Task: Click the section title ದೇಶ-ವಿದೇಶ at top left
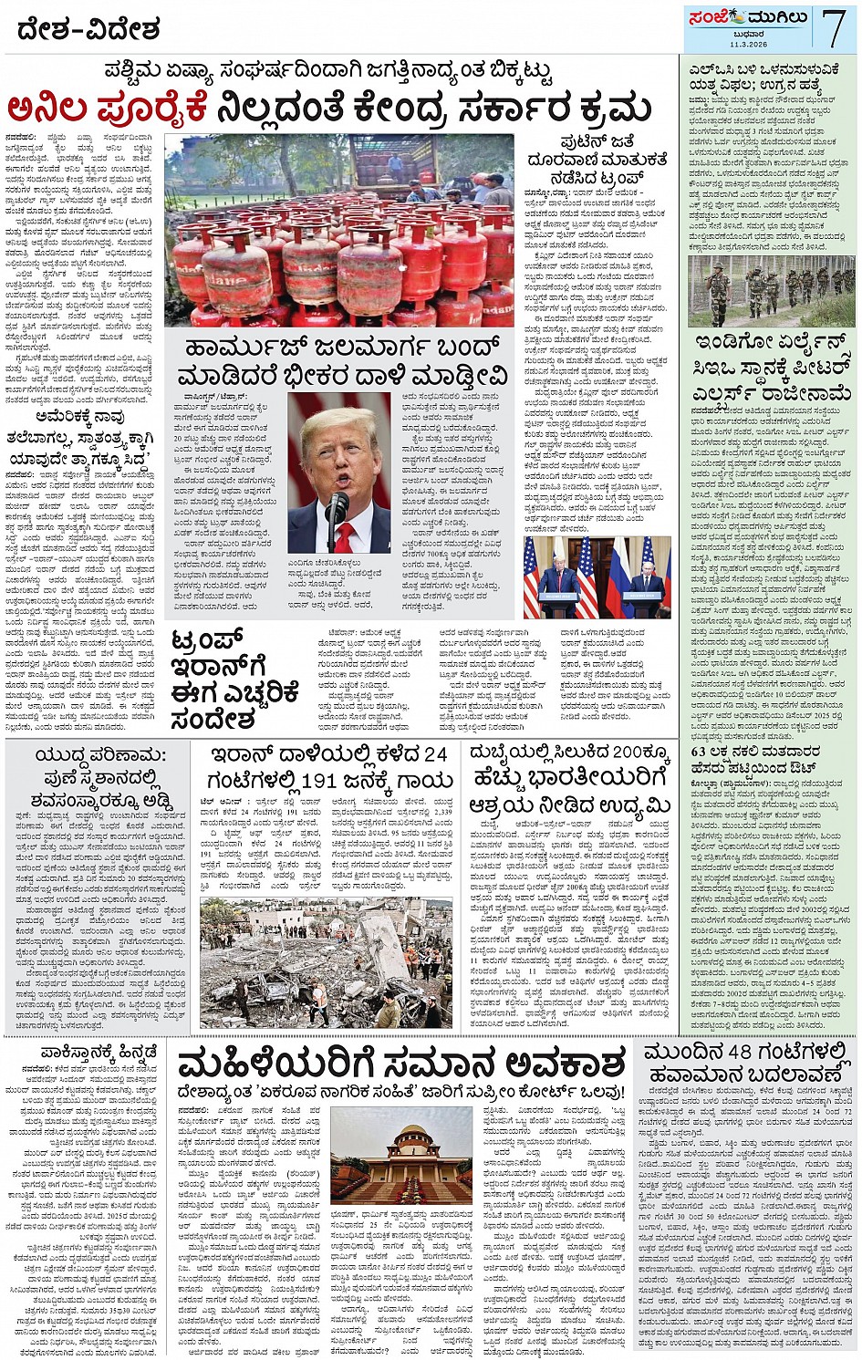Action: click(x=89, y=30)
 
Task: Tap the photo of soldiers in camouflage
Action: click(x=771, y=291)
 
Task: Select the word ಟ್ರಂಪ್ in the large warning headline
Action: click(x=207, y=643)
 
